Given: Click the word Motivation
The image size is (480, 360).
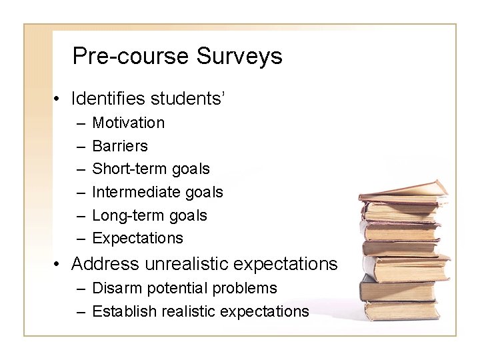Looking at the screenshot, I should tap(128, 123).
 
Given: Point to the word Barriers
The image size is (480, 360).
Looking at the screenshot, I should tap(120, 146).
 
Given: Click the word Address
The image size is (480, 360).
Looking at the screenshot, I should tap(103, 264).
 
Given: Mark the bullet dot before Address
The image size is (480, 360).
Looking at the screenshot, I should tap(59, 265).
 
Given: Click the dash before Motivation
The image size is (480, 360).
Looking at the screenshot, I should tap(80, 123).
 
